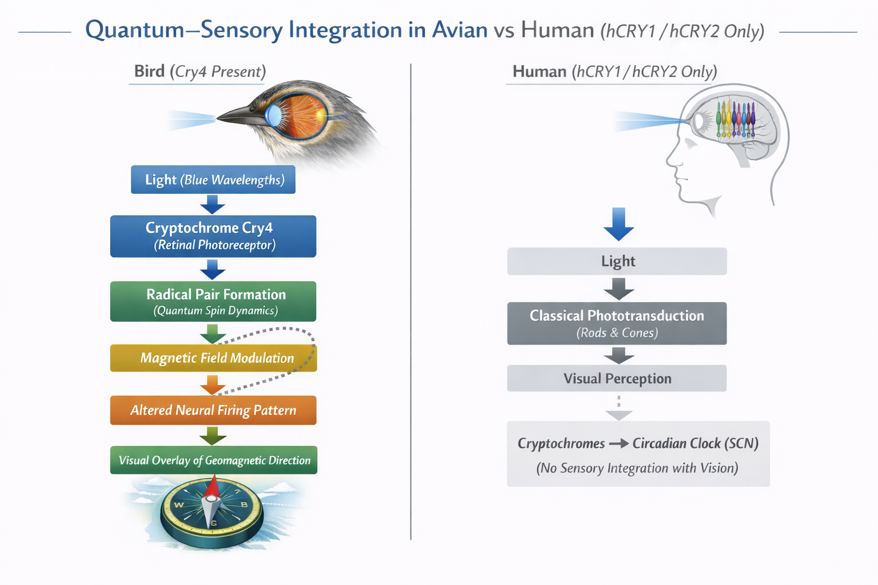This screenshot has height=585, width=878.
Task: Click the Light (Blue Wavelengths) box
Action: pos(213,179)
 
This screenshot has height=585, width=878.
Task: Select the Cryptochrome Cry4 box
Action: pos(213,236)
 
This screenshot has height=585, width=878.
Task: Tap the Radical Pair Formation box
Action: pos(213,301)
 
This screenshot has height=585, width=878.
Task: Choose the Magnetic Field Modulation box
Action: pos(213,358)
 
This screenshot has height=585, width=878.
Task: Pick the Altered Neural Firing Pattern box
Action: pos(213,410)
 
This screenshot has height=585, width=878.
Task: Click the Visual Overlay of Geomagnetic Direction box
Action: pos(213,460)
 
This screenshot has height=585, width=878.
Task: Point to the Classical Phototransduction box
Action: pos(617,323)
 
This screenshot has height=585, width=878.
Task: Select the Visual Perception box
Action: pos(617,378)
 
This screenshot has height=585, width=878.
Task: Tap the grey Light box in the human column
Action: pos(617,261)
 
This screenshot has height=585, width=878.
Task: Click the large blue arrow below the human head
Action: pos(618,224)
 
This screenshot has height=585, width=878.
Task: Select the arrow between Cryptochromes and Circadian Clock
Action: pos(618,443)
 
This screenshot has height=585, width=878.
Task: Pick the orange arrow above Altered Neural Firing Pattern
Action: pos(213,385)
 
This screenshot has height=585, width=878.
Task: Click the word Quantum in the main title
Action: pos(135,30)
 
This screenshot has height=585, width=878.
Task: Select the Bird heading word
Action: pos(149,71)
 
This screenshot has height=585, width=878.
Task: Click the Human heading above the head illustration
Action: pos(539,71)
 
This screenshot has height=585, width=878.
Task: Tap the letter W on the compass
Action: pos(178,504)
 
